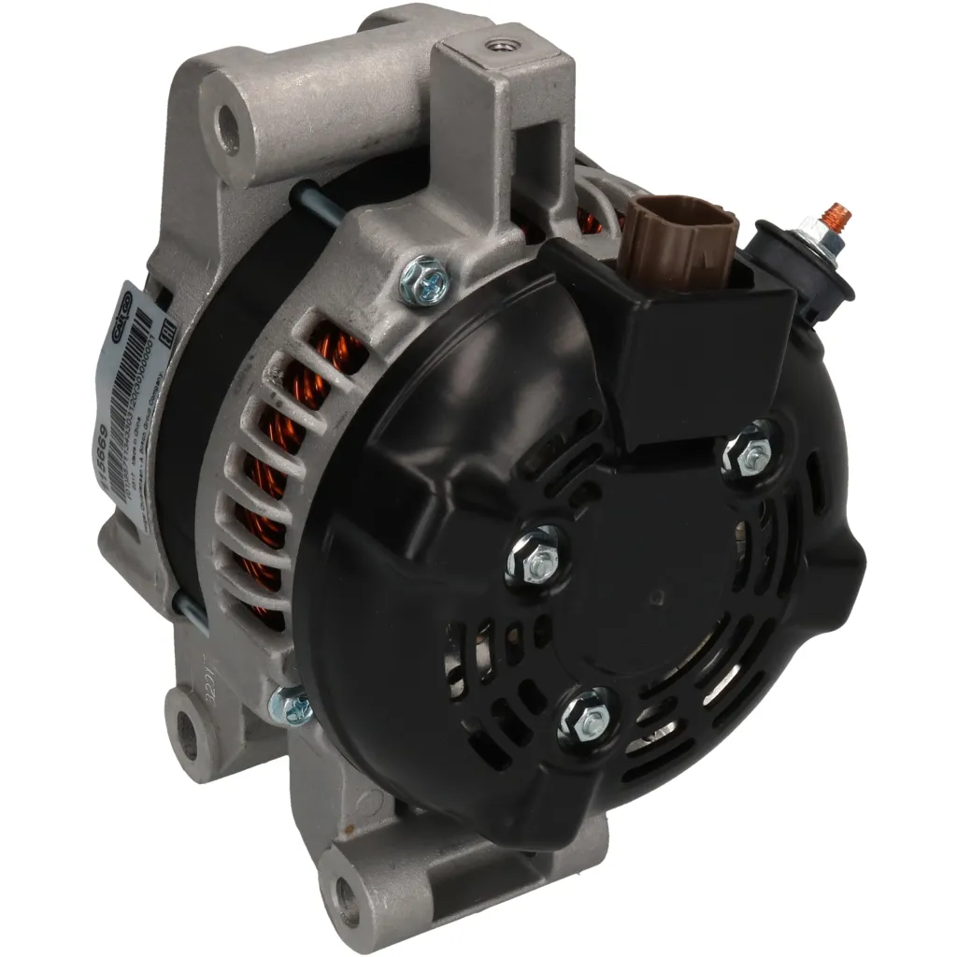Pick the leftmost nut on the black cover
pos(536,556)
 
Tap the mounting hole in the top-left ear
pos(226,129)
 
